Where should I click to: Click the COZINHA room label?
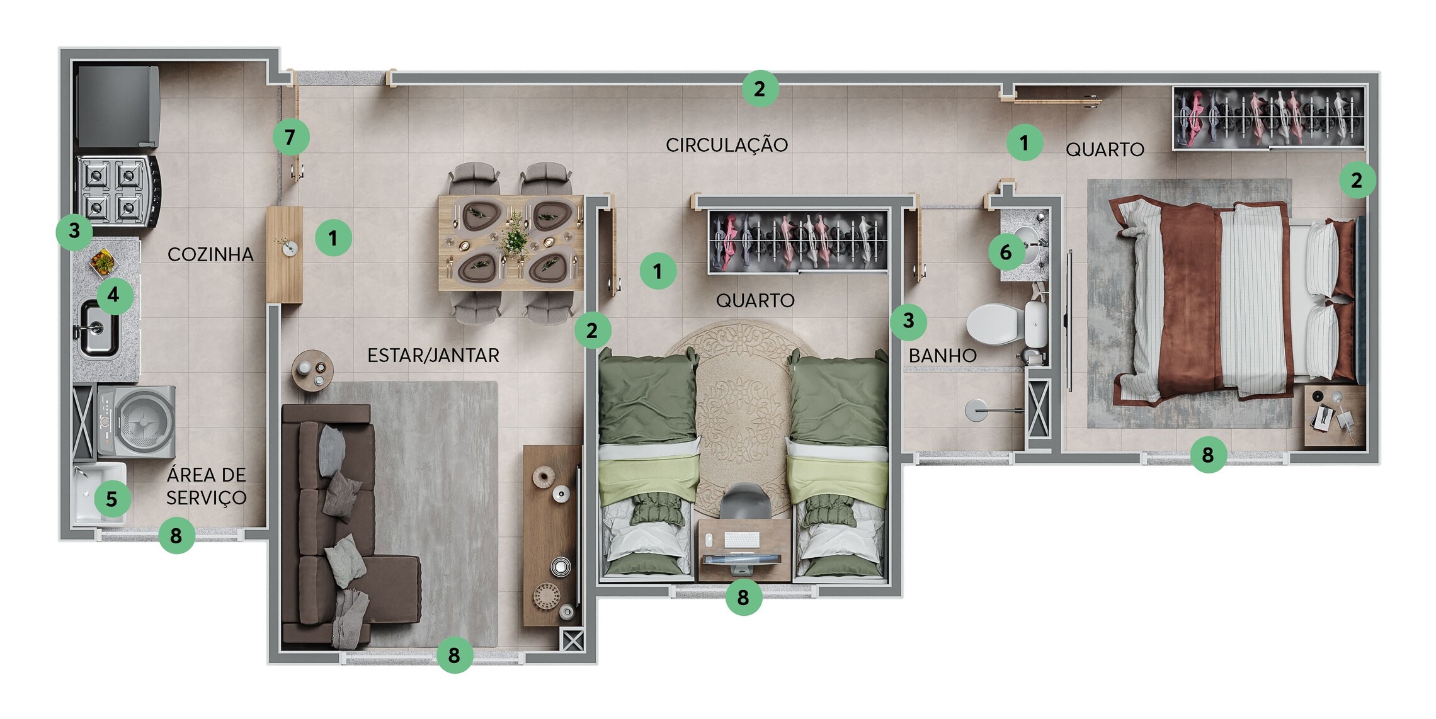210,254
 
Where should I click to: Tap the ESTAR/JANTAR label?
433,356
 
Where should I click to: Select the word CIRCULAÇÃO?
727,145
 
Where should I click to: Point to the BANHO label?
942,356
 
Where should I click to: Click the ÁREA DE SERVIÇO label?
207,486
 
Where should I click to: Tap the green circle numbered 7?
290,137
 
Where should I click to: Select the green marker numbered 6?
1006,252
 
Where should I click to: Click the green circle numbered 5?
112,499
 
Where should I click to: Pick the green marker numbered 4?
114,295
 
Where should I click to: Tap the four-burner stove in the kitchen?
118,191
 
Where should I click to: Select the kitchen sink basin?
98,329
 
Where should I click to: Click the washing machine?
136,421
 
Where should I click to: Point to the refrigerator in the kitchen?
118,106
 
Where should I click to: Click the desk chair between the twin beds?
745,501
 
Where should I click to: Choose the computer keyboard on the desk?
742,540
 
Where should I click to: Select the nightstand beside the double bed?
1334,416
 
